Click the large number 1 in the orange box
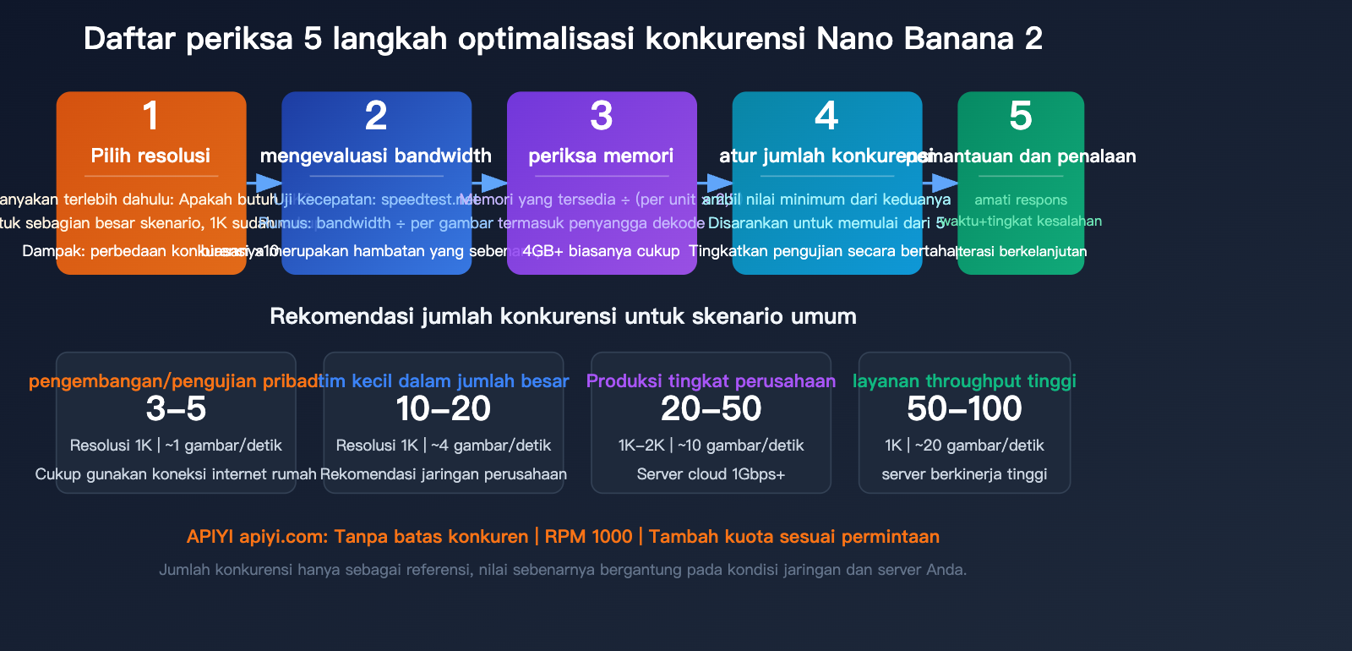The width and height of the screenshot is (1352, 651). point(150,116)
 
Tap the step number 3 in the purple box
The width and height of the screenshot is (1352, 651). point(601,116)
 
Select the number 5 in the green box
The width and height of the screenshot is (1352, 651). point(1020,116)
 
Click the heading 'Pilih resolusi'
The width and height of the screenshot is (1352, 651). point(150,156)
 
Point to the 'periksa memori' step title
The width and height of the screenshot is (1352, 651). point(601,156)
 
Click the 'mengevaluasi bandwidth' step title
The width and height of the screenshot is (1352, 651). point(376,156)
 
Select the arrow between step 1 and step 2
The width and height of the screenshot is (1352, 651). point(264,183)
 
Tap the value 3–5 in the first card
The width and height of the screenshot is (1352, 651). point(176,409)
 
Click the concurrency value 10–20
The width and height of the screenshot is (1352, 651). point(444,409)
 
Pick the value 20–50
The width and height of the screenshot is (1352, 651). point(711,409)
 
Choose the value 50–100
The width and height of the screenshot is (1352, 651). point(964,409)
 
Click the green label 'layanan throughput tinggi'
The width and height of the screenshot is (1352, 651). point(964,380)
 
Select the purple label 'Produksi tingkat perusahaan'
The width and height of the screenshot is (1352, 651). point(711,380)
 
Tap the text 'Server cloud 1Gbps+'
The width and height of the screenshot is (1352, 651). point(711,474)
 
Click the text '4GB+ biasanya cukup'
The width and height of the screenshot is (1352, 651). point(601,251)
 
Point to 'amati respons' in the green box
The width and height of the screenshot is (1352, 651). point(1020,200)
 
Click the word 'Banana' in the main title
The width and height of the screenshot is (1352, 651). point(958,39)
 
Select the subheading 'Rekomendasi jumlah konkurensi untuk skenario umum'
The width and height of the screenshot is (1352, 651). point(563,316)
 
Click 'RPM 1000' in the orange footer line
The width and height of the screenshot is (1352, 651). point(588,537)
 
